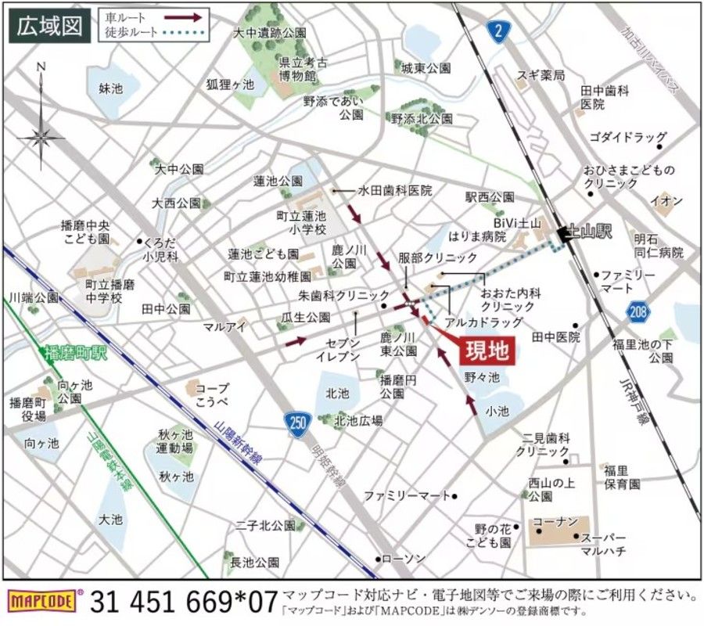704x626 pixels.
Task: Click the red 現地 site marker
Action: tap(486, 349)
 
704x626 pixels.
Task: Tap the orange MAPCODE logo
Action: tap(45, 601)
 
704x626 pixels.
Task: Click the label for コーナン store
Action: tap(555, 521)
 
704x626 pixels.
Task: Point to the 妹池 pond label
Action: tap(111, 88)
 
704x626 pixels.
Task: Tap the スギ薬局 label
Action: tap(540, 75)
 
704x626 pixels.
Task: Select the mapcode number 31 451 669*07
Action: tap(184, 601)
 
